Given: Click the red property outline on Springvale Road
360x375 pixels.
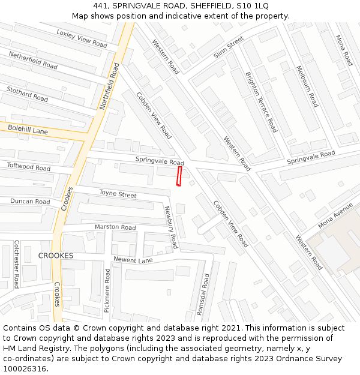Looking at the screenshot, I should (x=179, y=177).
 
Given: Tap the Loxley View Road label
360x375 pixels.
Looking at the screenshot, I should (x=82, y=38).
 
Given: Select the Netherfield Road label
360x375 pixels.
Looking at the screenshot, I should (x=33, y=60).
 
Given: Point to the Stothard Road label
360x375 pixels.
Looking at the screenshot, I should (x=27, y=94).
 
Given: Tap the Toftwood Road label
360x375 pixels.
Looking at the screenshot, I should (x=29, y=167).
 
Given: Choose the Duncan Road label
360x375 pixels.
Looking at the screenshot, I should (x=30, y=202).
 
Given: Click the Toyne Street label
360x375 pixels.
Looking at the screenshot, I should (x=118, y=194).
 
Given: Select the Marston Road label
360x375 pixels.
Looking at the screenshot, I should (x=115, y=227).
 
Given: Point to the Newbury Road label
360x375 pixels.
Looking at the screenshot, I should (x=172, y=227).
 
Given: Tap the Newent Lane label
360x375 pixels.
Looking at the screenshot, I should (x=133, y=259).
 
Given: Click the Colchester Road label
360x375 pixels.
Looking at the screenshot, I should (x=17, y=264).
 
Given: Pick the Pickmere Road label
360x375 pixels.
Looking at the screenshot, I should (x=107, y=290).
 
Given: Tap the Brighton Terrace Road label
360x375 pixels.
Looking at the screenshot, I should (x=262, y=102).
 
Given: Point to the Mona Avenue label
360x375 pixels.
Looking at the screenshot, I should (x=335, y=215).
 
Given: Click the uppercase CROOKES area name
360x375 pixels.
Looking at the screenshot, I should (x=56, y=256).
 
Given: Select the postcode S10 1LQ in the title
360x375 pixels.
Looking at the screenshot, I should (x=253, y=6).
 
